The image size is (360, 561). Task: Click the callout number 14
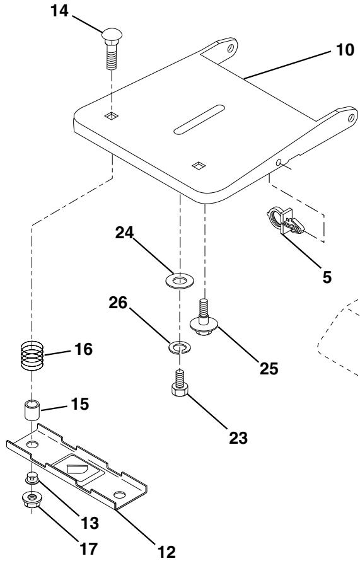tap(59, 11)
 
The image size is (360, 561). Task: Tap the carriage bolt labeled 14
tap(112, 49)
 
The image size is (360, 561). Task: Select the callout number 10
tap(345, 50)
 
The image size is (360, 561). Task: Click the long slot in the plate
tap(199, 120)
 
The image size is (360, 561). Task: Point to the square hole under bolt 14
tap(112, 115)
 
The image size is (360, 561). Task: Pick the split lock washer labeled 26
tap(180, 347)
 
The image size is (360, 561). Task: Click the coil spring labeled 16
tap(32, 356)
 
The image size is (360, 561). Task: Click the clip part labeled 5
tap(285, 221)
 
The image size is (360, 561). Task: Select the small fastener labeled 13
tap(32, 478)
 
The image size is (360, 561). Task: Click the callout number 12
tap(166, 552)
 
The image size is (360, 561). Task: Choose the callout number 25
tap(269, 369)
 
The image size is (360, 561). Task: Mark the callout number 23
tap(238, 437)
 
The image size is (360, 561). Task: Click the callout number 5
tap(327, 277)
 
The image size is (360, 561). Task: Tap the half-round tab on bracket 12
tap(78, 470)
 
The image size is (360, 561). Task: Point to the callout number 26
tap(118, 303)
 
